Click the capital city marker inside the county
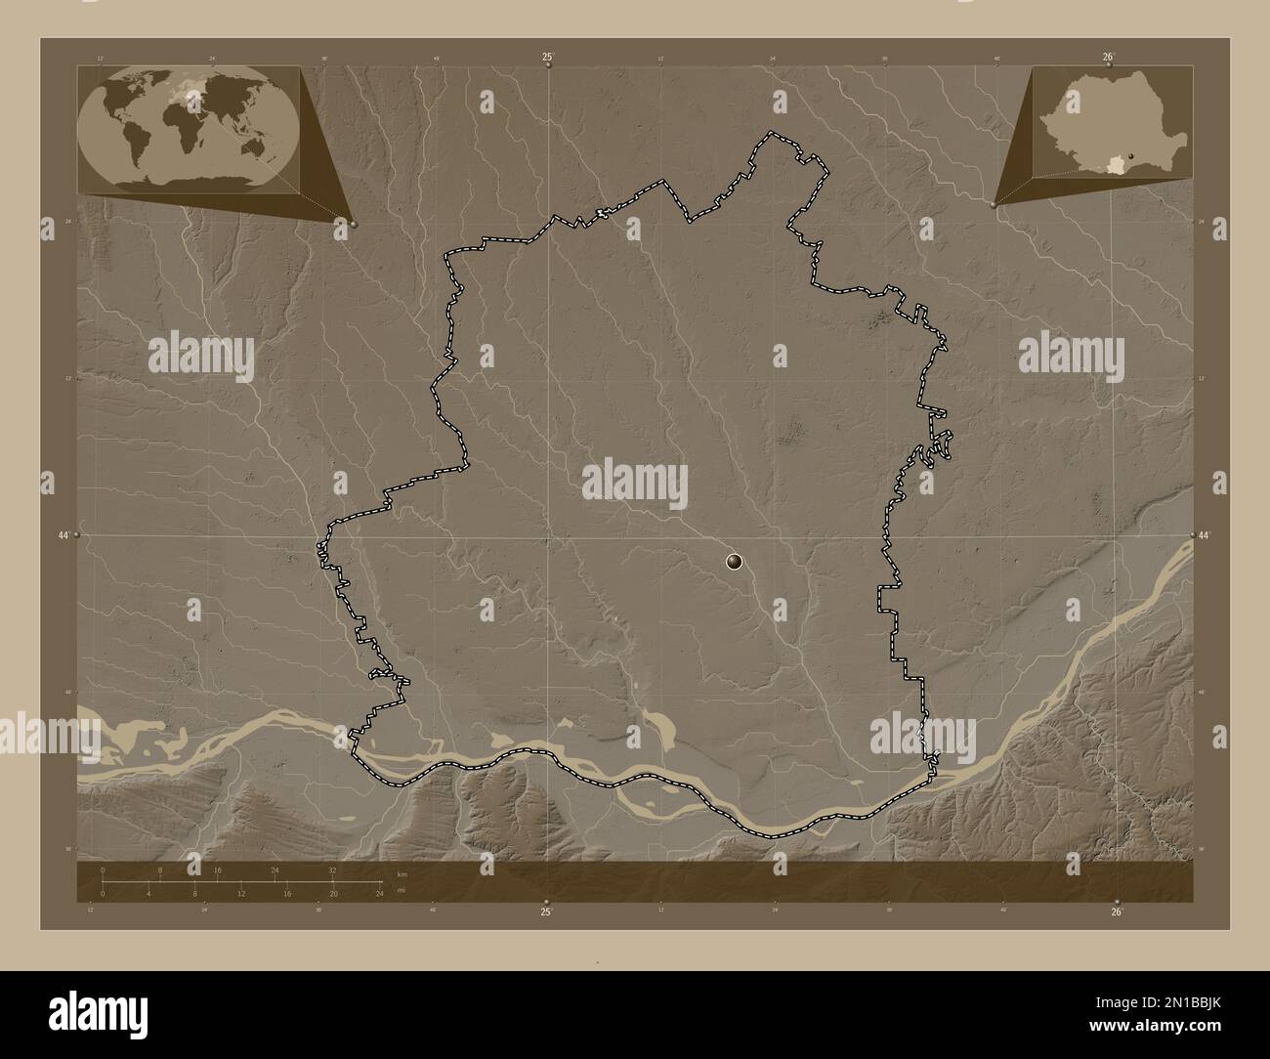pyautogui.click(x=735, y=561)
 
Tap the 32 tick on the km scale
pyautogui.click(x=333, y=869)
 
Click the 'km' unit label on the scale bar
pyautogui.click(x=402, y=873)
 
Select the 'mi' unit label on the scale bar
pyautogui.click(x=401, y=891)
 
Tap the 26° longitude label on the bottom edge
pyautogui.click(x=1118, y=911)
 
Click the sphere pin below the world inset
pyautogui.click(x=353, y=224)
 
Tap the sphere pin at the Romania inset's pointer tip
pyautogui.click(x=994, y=205)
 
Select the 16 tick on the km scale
pyautogui.click(x=218, y=869)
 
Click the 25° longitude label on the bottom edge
pyautogui.click(x=547, y=911)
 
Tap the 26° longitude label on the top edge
pyautogui.click(x=1109, y=58)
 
